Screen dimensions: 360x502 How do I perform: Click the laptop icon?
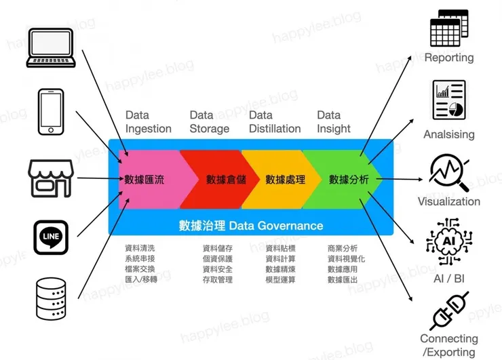[50, 47]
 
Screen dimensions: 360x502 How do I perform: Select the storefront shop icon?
[50, 178]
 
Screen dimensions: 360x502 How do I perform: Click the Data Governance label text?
[251, 225]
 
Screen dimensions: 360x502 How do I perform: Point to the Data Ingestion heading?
[147, 121]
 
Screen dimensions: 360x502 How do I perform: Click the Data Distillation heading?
[275, 121]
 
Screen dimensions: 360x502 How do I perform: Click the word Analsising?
[448, 134]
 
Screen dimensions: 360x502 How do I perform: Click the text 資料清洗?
[140, 249]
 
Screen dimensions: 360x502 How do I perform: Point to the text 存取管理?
[218, 279]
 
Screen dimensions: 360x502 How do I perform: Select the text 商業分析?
[342, 249]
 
